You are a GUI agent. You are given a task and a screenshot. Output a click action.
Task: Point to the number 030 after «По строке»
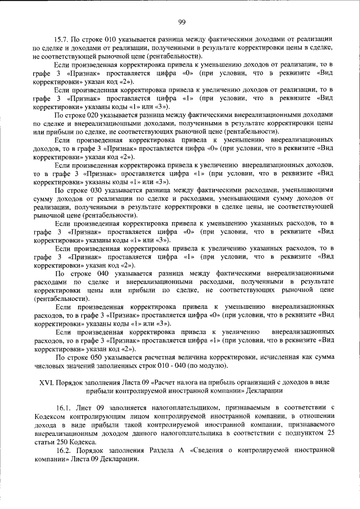tap(99, 190)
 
